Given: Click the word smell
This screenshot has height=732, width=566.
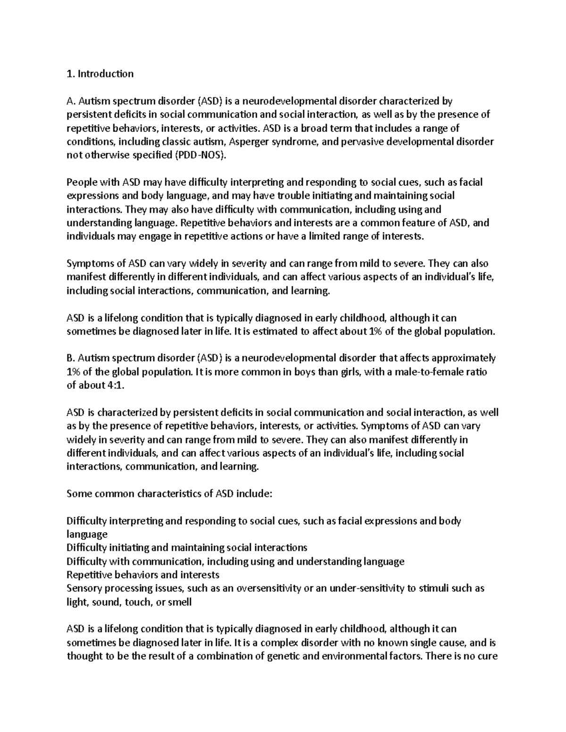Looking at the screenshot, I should tap(180, 602).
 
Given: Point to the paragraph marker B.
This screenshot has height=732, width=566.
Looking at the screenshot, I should tap(70, 358).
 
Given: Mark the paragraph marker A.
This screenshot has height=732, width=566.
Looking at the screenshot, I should tap(70, 101).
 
